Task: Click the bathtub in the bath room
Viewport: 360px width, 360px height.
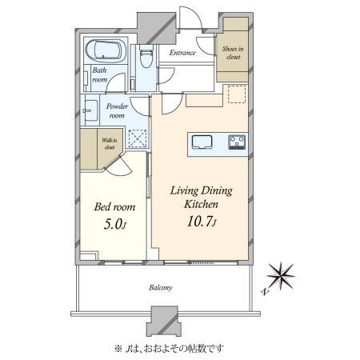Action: point(106,51)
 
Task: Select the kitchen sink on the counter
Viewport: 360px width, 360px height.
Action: point(202,142)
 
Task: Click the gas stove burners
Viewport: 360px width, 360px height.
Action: point(237,142)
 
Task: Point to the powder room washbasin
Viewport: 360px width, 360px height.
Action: point(91,110)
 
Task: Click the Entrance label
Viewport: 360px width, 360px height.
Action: point(182,53)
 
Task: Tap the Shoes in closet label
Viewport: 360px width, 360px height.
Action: point(233,53)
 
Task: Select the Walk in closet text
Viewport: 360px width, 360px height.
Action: point(110,143)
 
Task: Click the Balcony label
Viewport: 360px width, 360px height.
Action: point(161,288)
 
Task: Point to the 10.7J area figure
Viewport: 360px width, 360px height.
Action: point(202,222)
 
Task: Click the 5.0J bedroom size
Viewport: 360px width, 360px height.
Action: point(114,224)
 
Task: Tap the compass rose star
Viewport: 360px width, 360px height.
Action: point(281,276)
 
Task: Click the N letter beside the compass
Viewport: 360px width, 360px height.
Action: point(264,291)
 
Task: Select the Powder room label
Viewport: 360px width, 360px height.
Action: point(117,110)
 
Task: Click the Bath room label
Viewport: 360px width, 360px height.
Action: point(99,74)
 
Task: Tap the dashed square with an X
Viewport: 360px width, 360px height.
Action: point(138,138)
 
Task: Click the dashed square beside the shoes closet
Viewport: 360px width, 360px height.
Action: point(237,94)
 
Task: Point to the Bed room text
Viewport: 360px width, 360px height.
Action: point(114,207)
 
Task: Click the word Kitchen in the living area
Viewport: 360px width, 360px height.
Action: point(201,204)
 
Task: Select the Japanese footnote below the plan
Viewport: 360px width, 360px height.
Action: point(169,348)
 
